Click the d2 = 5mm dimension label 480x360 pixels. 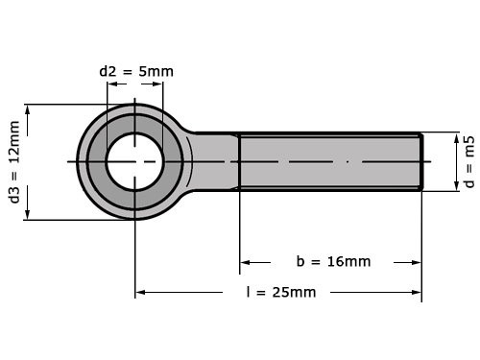(136, 71)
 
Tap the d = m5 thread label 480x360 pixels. (468, 161)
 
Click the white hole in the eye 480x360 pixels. (134, 161)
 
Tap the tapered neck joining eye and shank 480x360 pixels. (213, 161)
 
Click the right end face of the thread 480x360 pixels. (420, 161)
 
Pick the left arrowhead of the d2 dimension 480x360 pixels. (111, 84)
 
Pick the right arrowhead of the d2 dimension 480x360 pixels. (158, 84)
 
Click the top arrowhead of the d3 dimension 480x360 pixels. (30, 108)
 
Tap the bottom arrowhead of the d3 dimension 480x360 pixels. (30, 214)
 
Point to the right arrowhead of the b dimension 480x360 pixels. (416, 261)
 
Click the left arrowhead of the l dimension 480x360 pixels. (140, 292)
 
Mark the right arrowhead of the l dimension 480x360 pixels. (416, 292)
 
